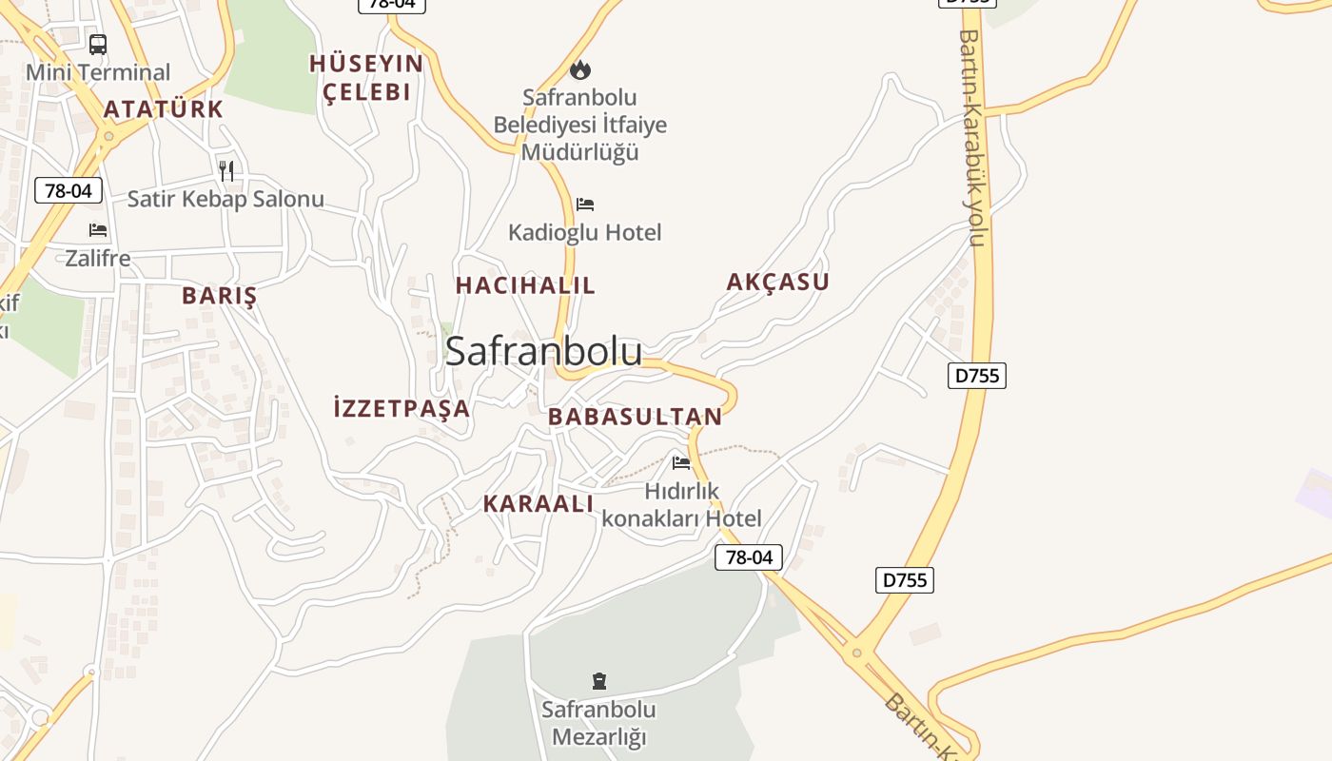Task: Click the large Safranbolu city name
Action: (543, 351)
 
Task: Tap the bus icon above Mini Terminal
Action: (98, 44)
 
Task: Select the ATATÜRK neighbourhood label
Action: (164, 109)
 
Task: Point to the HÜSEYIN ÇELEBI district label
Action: (366, 77)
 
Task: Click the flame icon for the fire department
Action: (579, 69)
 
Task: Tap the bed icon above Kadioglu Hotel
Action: (585, 205)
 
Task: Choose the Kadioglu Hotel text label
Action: (584, 232)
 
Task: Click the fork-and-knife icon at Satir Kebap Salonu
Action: (226, 171)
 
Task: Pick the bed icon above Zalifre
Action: (98, 229)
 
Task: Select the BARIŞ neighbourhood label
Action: (220, 296)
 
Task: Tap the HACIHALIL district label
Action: (525, 285)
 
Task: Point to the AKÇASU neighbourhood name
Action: (777, 282)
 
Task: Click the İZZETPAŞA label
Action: (402, 409)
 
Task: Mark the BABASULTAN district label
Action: (635, 417)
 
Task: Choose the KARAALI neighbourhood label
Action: (539, 504)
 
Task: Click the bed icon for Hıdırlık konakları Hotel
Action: (681, 463)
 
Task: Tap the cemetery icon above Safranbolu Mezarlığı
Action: (599, 681)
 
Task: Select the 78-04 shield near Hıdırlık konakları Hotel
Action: (749, 557)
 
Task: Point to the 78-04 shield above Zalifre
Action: (69, 190)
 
